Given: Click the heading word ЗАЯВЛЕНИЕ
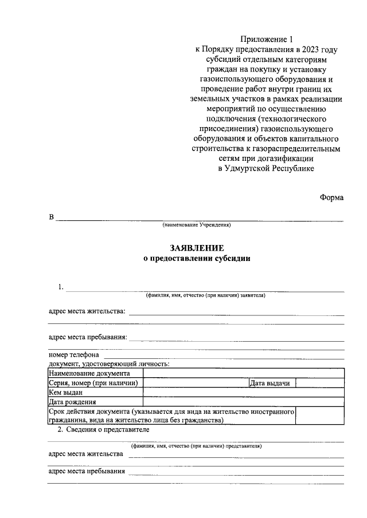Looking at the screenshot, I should [x=197, y=248].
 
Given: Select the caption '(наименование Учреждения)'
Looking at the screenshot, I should [x=197, y=226].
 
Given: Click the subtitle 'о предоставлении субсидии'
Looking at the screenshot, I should [x=197, y=258].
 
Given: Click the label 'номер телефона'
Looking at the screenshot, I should [x=73, y=354].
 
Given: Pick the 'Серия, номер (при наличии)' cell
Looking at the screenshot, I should [x=95, y=383].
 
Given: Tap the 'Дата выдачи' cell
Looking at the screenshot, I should [x=271, y=383].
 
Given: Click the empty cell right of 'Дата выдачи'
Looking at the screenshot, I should [x=319, y=383].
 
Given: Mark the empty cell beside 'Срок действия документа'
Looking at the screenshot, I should [x=319, y=416].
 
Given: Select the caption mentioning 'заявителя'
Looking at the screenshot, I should [x=205, y=296].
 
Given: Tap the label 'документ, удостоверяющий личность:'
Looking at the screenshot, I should [x=108, y=363].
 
